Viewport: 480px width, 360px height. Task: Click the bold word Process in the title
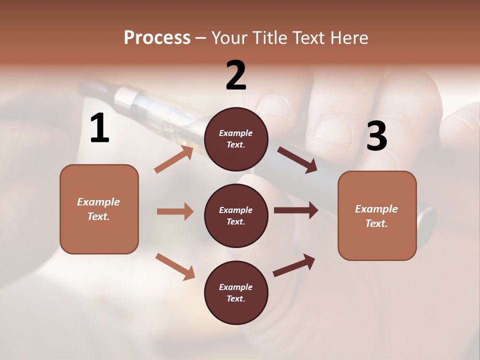coord(157,38)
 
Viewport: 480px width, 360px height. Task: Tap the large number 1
coord(99,128)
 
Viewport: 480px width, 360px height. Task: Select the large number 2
coord(236,75)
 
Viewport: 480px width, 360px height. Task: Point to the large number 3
coord(376,136)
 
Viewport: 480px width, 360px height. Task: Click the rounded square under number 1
coord(99,209)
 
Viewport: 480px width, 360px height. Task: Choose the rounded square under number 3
coord(377,215)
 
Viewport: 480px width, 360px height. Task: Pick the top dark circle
coord(236,139)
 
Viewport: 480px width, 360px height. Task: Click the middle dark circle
coord(236,215)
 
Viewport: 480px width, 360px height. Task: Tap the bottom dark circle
coord(236,292)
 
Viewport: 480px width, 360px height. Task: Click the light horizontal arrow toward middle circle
coord(175,211)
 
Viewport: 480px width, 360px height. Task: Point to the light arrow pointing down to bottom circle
coord(175,266)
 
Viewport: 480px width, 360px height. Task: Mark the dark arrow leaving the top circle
coord(297,159)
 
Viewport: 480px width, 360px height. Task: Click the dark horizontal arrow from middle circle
coord(296,210)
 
